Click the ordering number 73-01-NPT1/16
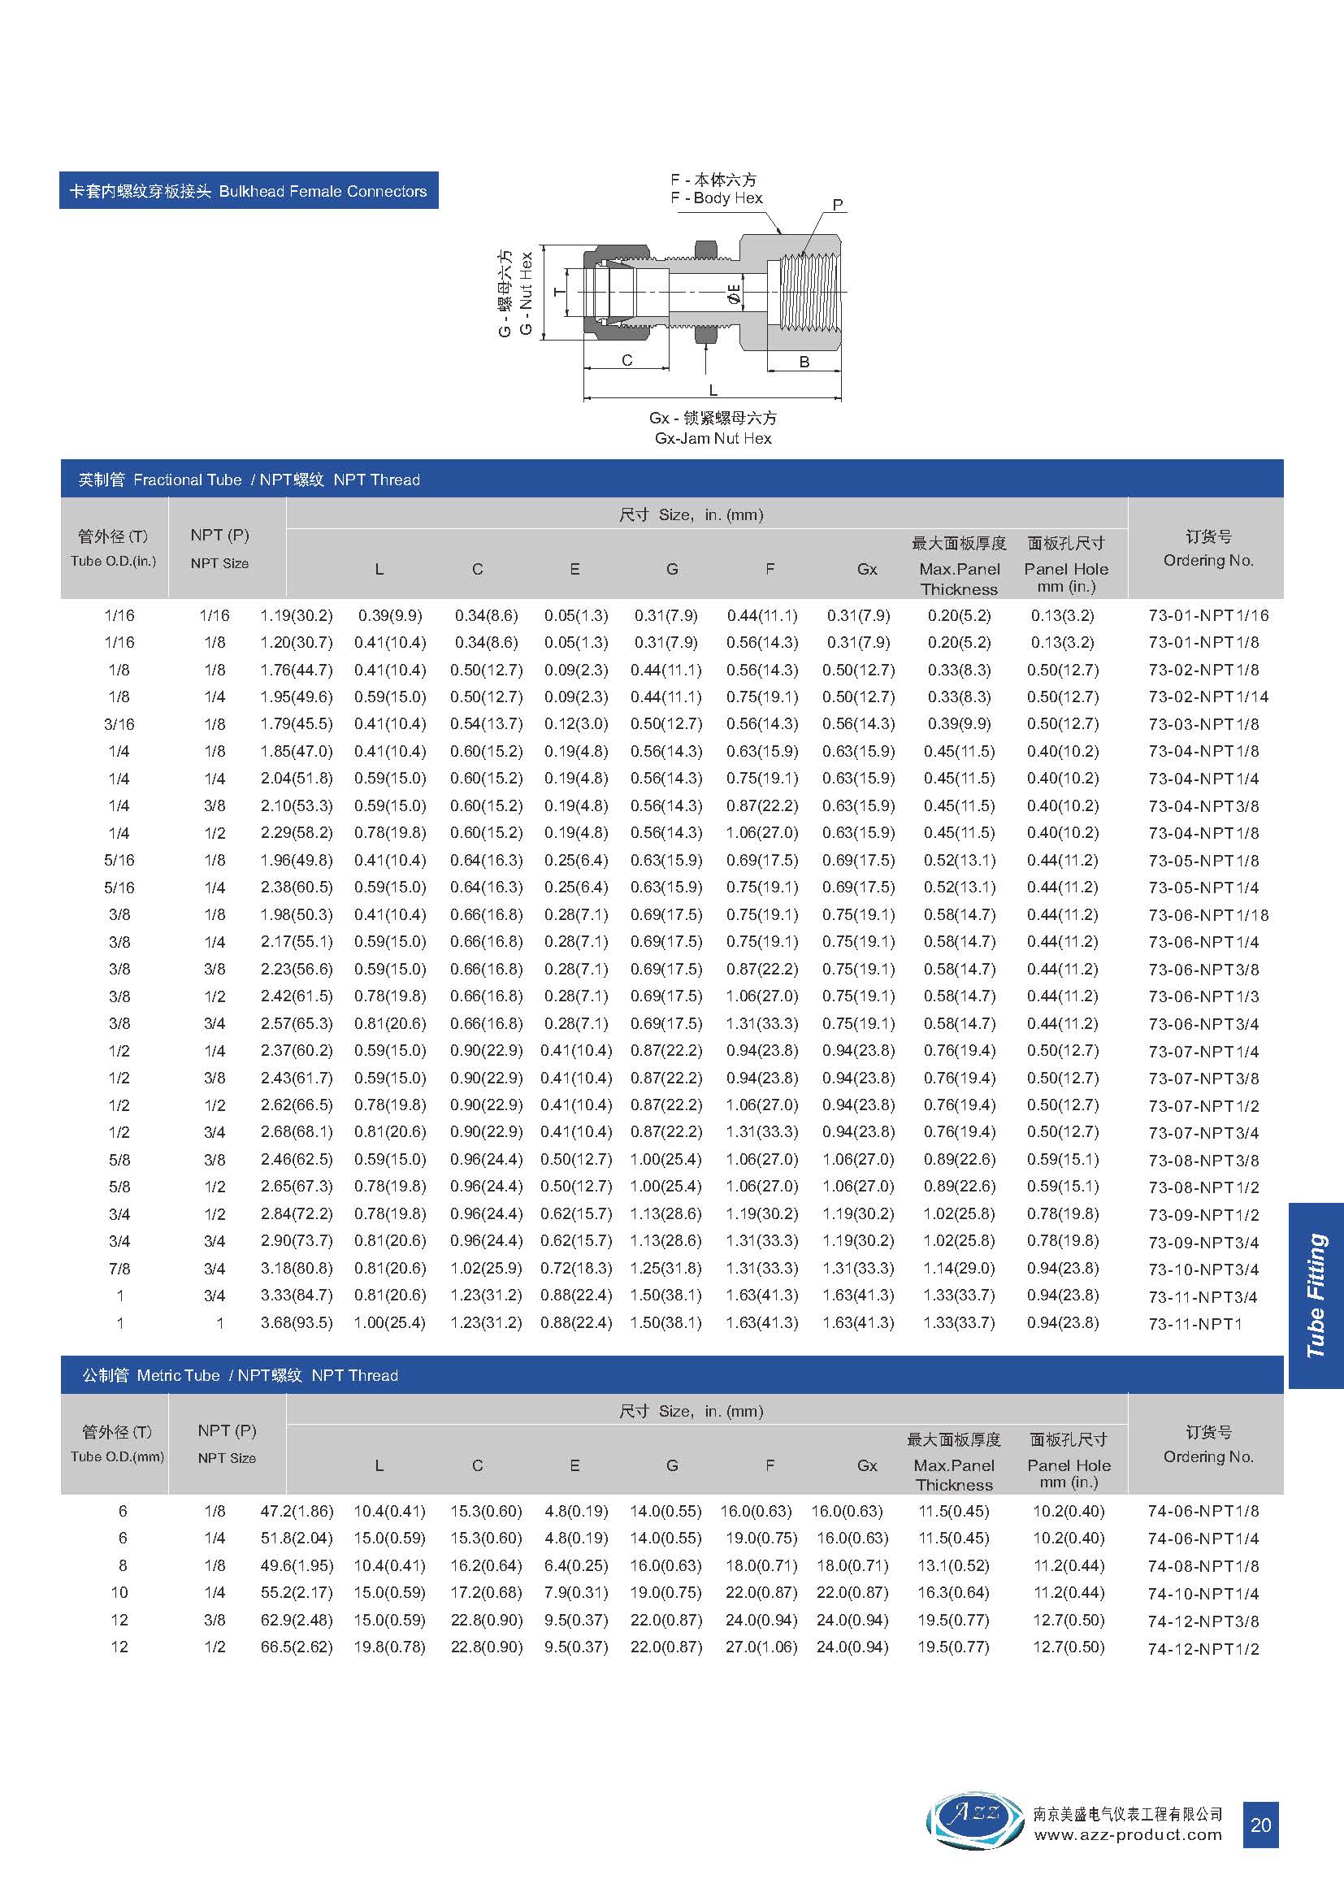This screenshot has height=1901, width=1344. tap(1207, 616)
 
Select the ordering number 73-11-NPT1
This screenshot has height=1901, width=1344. tap(1195, 1324)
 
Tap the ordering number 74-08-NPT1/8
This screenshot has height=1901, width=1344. tap(1203, 1566)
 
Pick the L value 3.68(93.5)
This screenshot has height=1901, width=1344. tap(297, 1323)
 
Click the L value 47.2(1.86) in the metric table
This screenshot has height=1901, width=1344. tap(297, 1511)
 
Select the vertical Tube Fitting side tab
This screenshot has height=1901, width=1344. tap(1316, 1295)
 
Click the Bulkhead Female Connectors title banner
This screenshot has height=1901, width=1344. tap(249, 191)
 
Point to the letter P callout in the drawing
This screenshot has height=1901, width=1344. tap(838, 205)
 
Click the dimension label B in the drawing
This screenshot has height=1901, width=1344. tap(804, 362)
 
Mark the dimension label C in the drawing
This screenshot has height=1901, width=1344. tap(626, 360)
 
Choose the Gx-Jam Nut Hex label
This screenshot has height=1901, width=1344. tap(713, 439)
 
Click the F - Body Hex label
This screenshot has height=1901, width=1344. tap(717, 197)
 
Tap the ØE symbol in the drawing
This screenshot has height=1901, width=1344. tap(733, 294)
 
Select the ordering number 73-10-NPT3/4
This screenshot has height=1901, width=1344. tap(1203, 1270)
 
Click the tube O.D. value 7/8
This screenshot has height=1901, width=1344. tap(119, 1269)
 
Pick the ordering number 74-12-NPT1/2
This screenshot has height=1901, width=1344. tap(1203, 1648)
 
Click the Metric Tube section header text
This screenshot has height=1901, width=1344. tap(178, 1376)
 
